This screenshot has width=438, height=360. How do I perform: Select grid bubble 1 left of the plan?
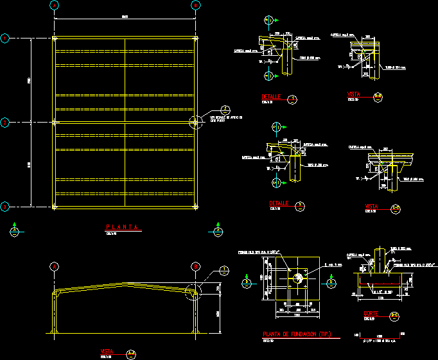point(4,39)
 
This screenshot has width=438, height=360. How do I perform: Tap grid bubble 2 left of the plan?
point(4,122)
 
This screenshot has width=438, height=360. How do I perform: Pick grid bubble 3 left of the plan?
point(4,206)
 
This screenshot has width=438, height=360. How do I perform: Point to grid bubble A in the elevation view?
point(55,266)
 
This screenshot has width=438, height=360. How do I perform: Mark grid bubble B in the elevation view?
point(195,266)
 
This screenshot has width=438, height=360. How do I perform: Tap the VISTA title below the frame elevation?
point(107,351)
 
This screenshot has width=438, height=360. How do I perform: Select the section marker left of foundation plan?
point(247,281)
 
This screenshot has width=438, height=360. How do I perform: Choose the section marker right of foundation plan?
point(330,281)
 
